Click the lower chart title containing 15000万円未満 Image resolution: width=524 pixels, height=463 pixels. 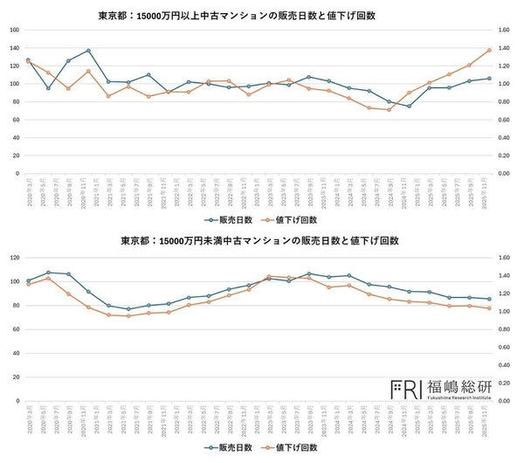[261, 240]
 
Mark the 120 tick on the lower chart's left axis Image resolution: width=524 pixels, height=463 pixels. [14, 258]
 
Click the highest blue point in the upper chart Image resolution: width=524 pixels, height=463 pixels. [88, 51]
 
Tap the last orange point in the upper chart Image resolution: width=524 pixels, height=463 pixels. [488, 50]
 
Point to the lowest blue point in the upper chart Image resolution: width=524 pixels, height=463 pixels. [409, 106]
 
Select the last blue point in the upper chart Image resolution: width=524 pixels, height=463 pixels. [488, 79]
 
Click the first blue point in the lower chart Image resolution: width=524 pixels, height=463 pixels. [28, 280]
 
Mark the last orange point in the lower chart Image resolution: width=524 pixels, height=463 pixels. [488, 308]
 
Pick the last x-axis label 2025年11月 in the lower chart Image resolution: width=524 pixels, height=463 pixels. [488, 419]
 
